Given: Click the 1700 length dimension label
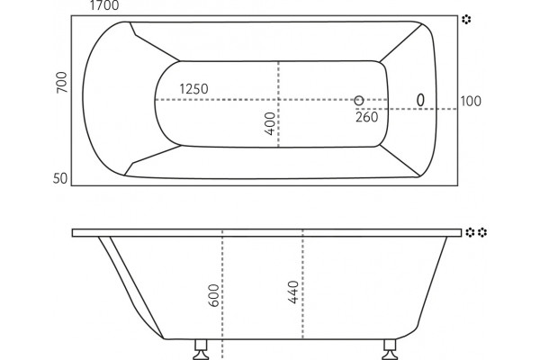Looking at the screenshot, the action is point(104,5).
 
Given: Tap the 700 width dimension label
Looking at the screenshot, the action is point(62,82).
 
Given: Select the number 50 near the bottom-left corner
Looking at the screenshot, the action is point(60,178).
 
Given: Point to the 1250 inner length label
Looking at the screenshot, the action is point(193,89).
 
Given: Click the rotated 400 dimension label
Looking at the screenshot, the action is point(270,123).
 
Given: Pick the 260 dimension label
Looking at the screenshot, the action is point(367,117).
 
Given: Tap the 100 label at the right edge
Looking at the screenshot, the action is point(471,102).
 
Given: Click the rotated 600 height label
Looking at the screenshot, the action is point(214,295).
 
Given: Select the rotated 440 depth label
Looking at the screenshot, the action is point(293,292).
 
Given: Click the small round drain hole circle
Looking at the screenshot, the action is point(359,101).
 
